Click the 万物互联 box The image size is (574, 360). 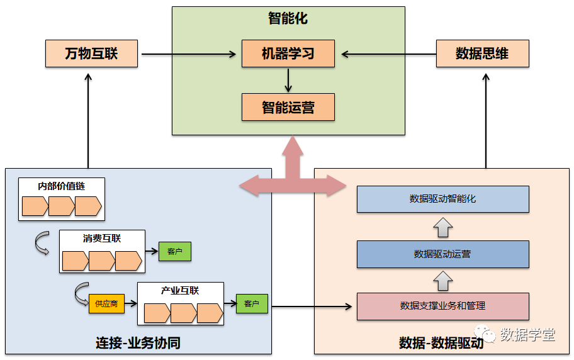tap(91, 53)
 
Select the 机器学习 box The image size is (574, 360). tap(288, 53)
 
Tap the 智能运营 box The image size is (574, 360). tap(288, 107)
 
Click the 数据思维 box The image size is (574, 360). tap(482, 53)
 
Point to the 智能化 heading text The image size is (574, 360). tap(288, 18)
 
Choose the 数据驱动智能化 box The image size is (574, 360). tap(442, 199)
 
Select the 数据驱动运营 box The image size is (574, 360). tap(442, 254)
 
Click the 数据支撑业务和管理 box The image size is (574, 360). tap(442, 307)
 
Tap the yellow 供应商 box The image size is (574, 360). tap(106, 303)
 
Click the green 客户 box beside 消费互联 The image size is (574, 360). tap(174, 252)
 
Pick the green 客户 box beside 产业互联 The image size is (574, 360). tap(252, 304)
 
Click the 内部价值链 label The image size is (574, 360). tap(61, 186)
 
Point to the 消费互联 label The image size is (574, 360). tap(102, 239)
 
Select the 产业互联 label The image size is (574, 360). tap(180, 291)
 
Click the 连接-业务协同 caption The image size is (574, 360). tap(138, 343)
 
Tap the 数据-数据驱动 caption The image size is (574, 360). tap(441, 343)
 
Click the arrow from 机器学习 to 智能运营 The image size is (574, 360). tap(288, 80)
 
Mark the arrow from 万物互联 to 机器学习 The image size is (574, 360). tap(189, 54)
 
